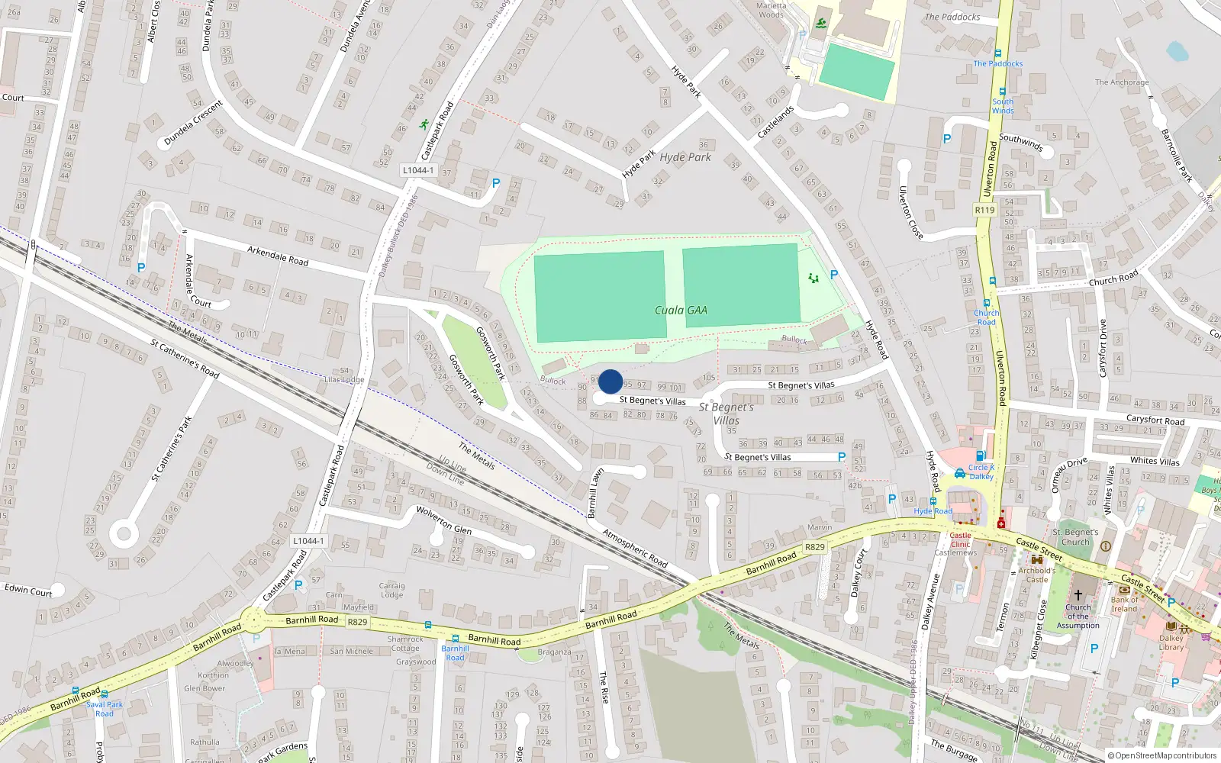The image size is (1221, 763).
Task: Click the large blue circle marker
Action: (x=610, y=381)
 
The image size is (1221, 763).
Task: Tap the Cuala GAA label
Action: (x=681, y=311)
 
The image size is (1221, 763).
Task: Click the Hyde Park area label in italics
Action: (x=685, y=157)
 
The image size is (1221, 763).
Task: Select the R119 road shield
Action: (x=984, y=210)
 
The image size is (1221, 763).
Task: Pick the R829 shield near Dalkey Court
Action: (x=815, y=547)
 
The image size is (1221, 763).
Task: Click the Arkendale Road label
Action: (x=278, y=255)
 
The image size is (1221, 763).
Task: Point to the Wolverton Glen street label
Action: (x=443, y=520)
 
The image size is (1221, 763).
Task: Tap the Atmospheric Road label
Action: (x=635, y=548)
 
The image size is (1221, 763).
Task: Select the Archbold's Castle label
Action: (x=1036, y=575)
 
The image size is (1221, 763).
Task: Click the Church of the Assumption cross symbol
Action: (x=1078, y=594)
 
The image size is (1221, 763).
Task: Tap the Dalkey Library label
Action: (x=1171, y=642)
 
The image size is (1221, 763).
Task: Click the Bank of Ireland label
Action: (x=1124, y=604)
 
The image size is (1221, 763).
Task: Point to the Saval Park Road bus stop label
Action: (x=105, y=709)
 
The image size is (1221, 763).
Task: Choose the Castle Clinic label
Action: (x=960, y=539)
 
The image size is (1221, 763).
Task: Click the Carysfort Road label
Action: (x=1155, y=420)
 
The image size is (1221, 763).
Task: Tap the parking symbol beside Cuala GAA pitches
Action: (x=834, y=275)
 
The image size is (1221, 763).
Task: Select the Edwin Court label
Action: (x=28, y=590)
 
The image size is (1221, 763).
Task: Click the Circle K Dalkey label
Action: (x=981, y=472)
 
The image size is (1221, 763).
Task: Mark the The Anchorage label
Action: (x=1121, y=82)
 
